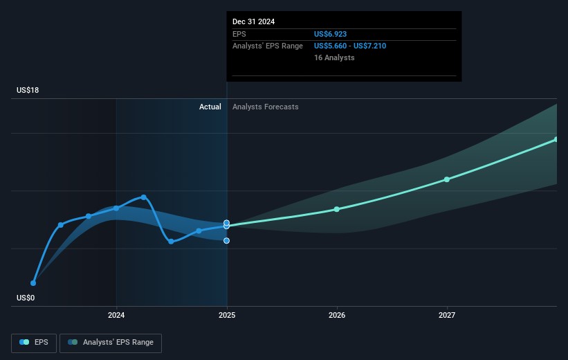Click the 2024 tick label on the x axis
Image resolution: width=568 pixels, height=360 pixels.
point(116,316)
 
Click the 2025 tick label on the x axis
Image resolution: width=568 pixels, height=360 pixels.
point(226,316)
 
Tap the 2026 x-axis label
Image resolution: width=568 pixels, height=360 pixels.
point(337,316)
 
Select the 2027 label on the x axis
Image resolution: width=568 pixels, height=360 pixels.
point(447,316)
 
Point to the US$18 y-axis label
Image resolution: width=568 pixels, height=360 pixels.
point(28,91)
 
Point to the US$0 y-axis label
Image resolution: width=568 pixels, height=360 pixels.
point(26,298)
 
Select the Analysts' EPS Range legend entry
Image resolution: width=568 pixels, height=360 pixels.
point(111,343)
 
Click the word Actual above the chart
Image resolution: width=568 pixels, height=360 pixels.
point(210,107)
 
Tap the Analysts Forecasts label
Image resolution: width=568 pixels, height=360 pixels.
point(266,107)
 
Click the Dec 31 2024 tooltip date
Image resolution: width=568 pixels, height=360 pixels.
point(253,21)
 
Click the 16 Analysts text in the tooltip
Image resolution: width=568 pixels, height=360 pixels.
point(334,57)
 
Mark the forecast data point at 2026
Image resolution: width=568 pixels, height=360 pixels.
point(337,209)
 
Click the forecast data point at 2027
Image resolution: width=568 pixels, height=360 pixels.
point(447,179)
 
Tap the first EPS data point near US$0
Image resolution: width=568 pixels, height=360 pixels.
point(33,282)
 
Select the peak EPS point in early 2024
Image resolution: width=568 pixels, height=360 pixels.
point(144,197)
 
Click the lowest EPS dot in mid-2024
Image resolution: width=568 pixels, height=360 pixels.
point(171,241)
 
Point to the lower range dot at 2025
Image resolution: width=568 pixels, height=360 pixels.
point(227,240)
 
